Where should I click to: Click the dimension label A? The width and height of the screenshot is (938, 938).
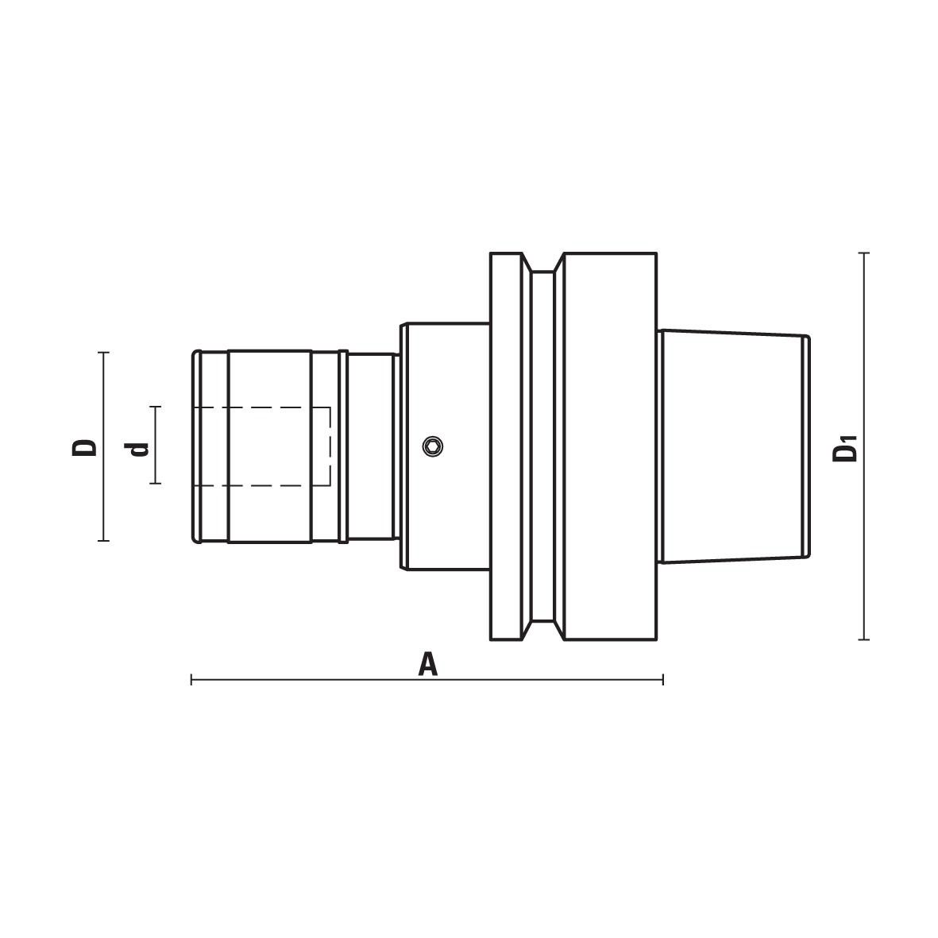pyautogui.click(x=428, y=665)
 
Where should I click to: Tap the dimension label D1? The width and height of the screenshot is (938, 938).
pyautogui.click(x=846, y=449)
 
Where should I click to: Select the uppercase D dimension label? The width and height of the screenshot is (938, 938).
pyautogui.click(x=84, y=447)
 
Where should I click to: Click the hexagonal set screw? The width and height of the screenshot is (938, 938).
pyautogui.click(x=433, y=446)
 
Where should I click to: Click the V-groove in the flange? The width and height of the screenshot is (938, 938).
pyautogui.click(x=542, y=446)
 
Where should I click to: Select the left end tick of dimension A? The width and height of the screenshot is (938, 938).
pyautogui.click(x=191, y=680)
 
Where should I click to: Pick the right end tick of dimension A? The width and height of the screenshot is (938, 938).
pyautogui.click(x=663, y=680)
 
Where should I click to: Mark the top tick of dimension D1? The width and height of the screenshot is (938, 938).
pyautogui.click(x=863, y=253)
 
